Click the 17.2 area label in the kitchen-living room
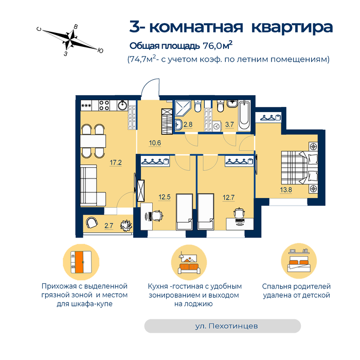[116, 163]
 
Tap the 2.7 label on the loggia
[109, 226]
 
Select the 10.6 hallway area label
[155, 143]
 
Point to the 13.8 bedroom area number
[286, 190]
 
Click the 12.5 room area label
[165, 197]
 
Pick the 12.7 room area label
[228, 197]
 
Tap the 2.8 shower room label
[188, 124]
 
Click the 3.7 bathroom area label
[229, 124]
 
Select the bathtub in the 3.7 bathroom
[244, 116]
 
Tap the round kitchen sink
[122, 105]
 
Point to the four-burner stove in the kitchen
[104, 105]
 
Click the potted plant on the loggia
[126, 226]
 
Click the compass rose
[70, 40]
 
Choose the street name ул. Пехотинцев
[226, 326]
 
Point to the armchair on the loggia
[92, 222]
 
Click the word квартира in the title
[292, 27]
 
